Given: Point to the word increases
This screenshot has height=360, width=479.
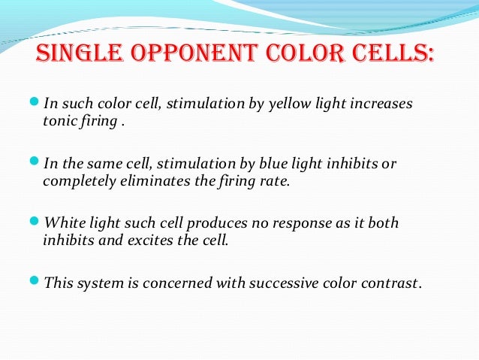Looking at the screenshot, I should pyautogui.click(x=382, y=103).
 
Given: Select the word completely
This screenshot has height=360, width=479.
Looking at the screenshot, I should pyautogui.click(x=77, y=180).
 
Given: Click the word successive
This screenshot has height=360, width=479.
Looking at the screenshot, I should pyautogui.click(x=294, y=284).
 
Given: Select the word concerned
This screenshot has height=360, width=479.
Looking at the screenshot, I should pyautogui.click(x=185, y=284).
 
